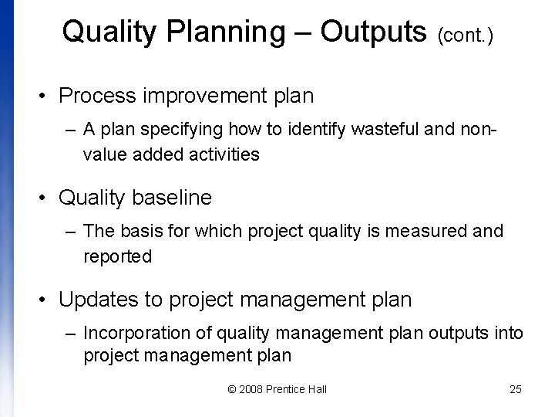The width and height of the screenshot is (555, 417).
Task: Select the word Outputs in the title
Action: (373, 32)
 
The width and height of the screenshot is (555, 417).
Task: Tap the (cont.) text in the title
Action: (466, 35)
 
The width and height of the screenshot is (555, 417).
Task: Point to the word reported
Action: (117, 256)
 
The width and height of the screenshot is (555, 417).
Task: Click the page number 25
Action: (516, 389)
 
